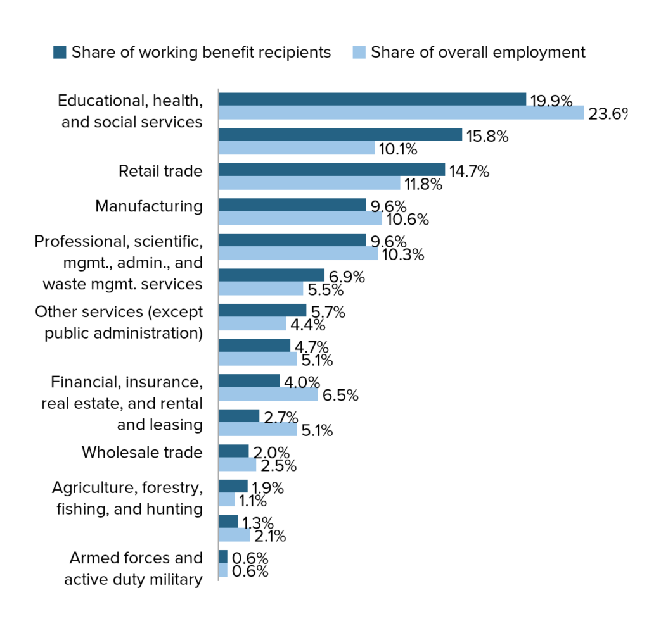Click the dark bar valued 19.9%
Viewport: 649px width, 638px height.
point(373,99)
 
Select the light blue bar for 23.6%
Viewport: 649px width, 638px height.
point(401,113)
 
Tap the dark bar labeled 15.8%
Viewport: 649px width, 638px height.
point(340,134)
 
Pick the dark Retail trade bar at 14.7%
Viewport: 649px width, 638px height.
point(332,170)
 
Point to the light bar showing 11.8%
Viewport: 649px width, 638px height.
point(309,183)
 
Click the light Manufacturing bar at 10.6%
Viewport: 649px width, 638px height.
point(300,218)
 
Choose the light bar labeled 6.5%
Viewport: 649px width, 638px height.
point(269,394)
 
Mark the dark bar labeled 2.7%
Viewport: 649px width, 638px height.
point(239,416)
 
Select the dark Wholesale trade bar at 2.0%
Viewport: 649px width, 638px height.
point(234,451)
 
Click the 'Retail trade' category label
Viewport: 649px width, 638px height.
point(160,171)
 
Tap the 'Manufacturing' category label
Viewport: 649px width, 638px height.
point(149,206)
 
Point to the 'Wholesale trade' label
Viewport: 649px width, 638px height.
point(142,453)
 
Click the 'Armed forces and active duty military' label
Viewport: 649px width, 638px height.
point(133,568)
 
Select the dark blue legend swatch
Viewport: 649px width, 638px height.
point(60,53)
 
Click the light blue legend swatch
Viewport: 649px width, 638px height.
point(359,53)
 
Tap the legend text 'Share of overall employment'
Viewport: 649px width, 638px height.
point(478,53)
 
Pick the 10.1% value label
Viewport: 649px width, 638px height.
point(398,149)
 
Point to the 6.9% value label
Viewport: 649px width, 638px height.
point(347,277)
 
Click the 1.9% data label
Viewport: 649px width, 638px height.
point(268,488)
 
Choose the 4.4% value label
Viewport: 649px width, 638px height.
point(307,325)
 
